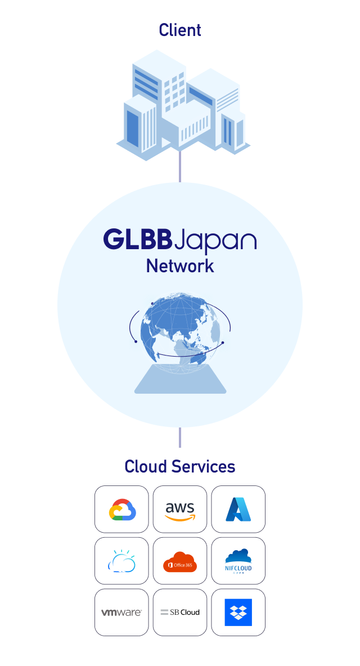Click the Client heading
point(180,30)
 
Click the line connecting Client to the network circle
point(180,166)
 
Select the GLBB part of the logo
point(137,240)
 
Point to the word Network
point(180,265)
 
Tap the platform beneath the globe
point(180,380)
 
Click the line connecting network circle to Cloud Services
point(180,437)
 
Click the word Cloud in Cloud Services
point(146,466)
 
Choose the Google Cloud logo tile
point(122,510)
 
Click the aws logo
point(180,510)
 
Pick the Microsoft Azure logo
point(238,510)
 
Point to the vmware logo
point(122,613)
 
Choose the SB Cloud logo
point(180,613)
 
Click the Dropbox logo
point(238,613)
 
